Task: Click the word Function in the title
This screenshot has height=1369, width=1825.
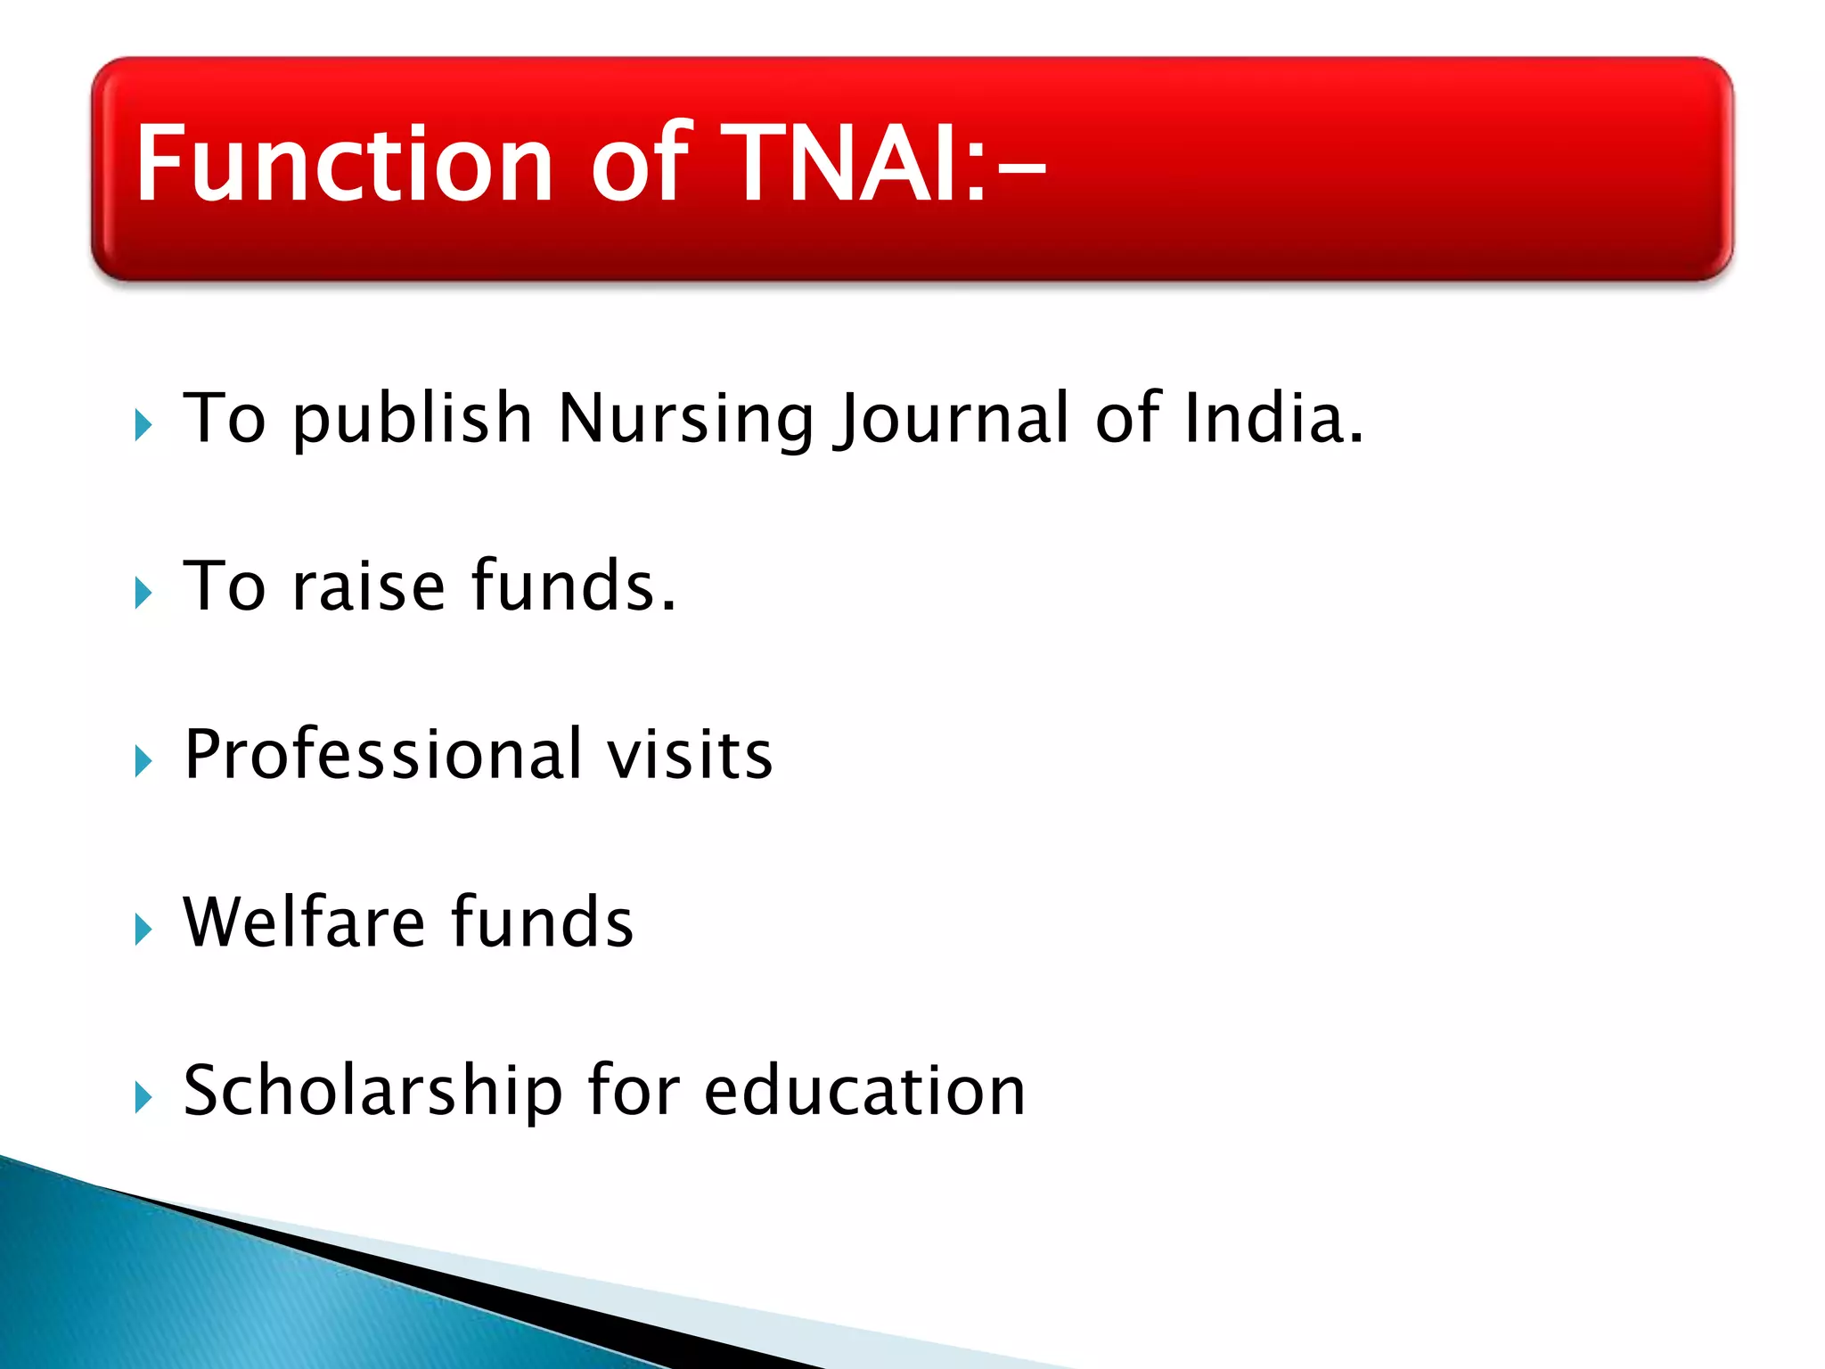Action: [344, 165]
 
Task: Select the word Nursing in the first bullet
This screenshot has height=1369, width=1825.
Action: [686, 419]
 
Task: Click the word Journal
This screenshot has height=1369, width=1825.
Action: [950, 419]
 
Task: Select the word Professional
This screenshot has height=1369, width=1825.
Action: [383, 756]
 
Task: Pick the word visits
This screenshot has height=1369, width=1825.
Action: [690, 756]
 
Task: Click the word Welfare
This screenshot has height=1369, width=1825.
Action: [304, 922]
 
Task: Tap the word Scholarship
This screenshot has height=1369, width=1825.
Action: [372, 1092]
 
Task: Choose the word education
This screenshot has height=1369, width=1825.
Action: [864, 1092]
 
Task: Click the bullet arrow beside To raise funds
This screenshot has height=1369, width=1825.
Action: [143, 593]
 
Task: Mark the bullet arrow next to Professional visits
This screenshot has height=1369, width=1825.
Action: [143, 761]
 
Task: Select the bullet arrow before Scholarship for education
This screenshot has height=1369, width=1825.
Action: [143, 1097]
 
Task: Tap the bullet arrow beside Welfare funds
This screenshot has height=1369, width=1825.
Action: [143, 929]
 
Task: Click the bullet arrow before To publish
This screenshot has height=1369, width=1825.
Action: [143, 425]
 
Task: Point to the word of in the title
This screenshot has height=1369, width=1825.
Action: [641, 165]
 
